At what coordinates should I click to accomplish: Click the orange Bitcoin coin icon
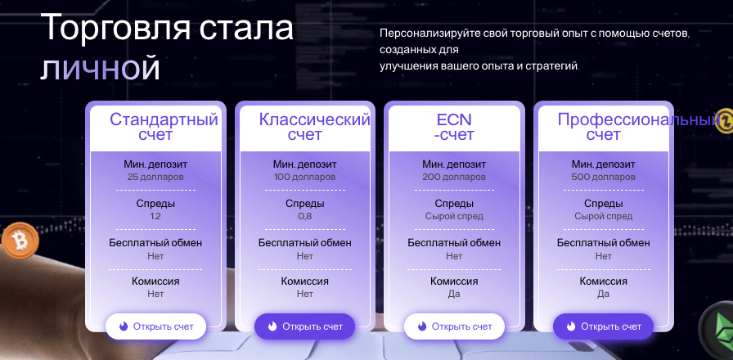click(x=16, y=241)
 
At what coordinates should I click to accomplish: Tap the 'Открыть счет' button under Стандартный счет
click(x=155, y=326)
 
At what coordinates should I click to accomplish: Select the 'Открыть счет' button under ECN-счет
click(x=454, y=326)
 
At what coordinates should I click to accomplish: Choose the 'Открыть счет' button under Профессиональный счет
click(x=604, y=326)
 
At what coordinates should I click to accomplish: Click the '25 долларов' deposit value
click(x=155, y=177)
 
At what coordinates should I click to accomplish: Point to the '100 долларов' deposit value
click(x=304, y=177)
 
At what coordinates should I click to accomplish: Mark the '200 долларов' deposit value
click(x=454, y=177)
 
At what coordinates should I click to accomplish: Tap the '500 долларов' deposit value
click(x=604, y=177)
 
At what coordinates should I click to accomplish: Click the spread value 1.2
click(x=155, y=217)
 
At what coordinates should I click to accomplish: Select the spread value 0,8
click(x=304, y=217)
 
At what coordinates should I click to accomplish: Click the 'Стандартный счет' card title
click(x=164, y=127)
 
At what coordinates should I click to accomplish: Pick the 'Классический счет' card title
click(x=314, y=127)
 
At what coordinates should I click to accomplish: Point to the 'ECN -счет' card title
click(x=454, y=127)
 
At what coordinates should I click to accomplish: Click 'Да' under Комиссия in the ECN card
click(x=454, y=294)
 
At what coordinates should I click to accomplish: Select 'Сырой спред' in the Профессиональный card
click(x=604, y=217)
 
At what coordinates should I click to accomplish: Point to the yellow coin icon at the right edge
click(x=725, y=122)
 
